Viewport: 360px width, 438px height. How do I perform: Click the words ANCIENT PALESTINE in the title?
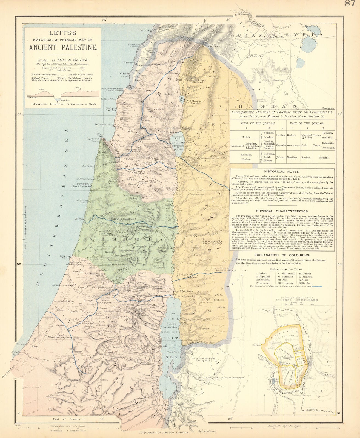[63, 47]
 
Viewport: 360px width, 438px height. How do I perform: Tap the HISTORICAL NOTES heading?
[282, 172]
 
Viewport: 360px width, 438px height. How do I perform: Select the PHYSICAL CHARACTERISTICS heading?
[282, 211]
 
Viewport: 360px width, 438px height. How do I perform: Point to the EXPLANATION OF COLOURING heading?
[282, 255]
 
